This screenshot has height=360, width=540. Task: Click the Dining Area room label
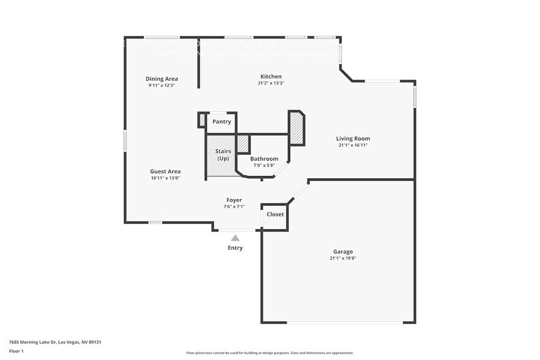pyautogui.click(x=162, y=78)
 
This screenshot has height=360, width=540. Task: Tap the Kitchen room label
pyautogui.click(x=270, y=76)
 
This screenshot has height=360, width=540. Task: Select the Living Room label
pyautogui.click(x=353, y=138)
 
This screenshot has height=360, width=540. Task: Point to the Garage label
pyautogui.click(x=343, y=252)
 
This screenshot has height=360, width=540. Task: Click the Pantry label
pyautogui.click(x=222, y=121)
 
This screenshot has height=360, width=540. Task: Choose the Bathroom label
pyautogui.click(x=264, y=159)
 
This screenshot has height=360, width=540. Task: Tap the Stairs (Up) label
pyautogui.click(x=222, y=154)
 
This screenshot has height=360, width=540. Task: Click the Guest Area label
pyautogui.click(x=165, y=171)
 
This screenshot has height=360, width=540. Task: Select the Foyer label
pyautogui.click(x=234, y=200)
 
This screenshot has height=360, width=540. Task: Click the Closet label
pyautogui.click(x=275, y=215)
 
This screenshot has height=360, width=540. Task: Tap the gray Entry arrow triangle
pyautogui.click(x=235, y=238)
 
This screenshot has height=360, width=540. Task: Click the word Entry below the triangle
pyautogui.click(x=235, y=248)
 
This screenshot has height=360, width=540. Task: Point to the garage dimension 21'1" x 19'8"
pyautogui.click(x=343, y=258)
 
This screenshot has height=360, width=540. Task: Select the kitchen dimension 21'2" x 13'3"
pyautogui.click(x=270, y=83)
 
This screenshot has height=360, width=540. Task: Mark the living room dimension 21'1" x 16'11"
pyautogui.click(x=353, y=146)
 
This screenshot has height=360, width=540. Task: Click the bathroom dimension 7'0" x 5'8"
pyautogui.click(x=264, y=165)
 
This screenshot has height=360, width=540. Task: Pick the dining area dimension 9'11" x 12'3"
pyautogui.click(x=162, y=86)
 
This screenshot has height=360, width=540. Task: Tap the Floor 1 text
pyautogui.click(x=17, y=351)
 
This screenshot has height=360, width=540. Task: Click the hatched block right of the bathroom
pyautogui.click(x=296, y=129)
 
